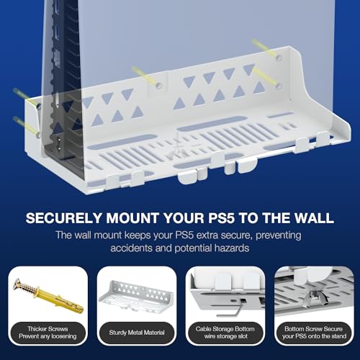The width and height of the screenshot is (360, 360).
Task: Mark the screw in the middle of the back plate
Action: [144, 76]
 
